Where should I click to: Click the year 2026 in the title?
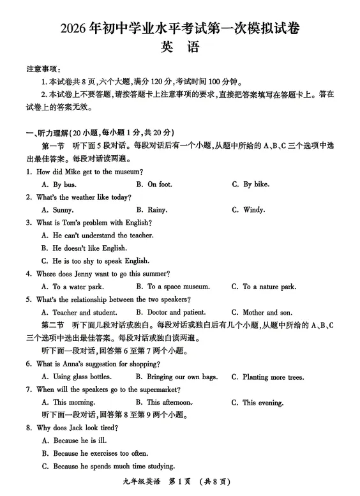74,29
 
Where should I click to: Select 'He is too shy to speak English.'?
101,261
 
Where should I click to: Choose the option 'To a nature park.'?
269,287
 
